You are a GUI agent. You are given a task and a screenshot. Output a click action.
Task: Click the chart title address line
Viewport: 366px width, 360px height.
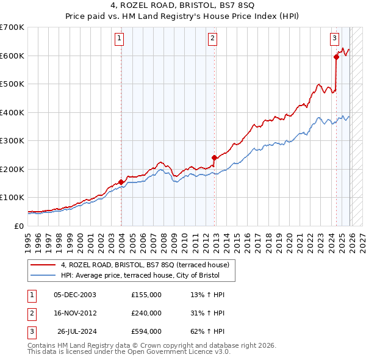[x=183, y=5]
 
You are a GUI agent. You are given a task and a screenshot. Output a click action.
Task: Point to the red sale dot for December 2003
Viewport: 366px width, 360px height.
[x=121, y=182]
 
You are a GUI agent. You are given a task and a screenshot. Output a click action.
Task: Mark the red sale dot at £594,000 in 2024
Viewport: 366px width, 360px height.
[x=336, y=57]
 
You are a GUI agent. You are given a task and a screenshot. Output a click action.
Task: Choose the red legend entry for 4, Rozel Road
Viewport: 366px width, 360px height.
[x=145, y=265]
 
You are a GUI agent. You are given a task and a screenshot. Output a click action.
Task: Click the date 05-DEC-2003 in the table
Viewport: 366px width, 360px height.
[x=75, y=295]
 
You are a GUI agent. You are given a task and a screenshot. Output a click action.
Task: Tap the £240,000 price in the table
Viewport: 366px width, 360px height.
[x=146, y=313]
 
